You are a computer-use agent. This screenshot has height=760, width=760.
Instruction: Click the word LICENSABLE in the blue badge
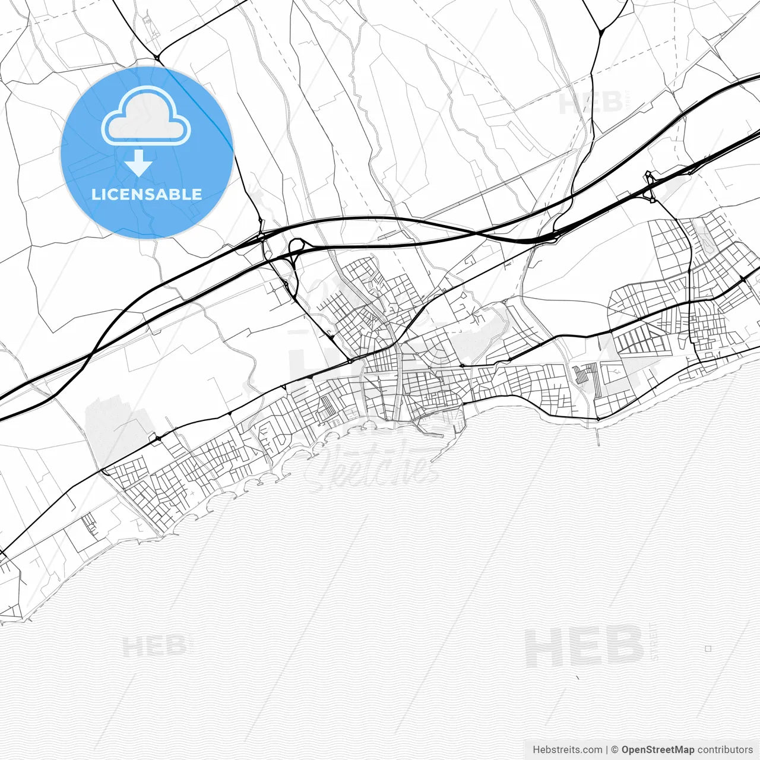coord(147,194)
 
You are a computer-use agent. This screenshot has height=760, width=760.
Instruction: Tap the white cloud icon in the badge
coord(146,116)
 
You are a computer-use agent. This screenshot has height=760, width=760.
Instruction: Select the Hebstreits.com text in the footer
coord(567,750)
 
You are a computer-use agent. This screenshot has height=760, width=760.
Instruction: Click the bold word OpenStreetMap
coord(657,750)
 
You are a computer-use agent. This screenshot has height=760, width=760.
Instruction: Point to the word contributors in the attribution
coord(724,750)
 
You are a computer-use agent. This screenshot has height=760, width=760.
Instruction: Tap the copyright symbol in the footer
coord(615,750)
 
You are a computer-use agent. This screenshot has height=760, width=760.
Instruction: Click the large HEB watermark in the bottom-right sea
coord(585,647)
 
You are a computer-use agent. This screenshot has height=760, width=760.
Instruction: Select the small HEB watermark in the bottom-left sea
coord(154,645)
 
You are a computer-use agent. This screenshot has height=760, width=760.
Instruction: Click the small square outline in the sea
coord(708,649)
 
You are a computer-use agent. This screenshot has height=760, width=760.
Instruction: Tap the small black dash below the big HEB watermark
coord(577,677)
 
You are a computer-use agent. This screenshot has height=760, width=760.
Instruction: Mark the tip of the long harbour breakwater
coord(432,460)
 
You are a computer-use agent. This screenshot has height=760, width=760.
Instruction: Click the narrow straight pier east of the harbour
coord(598,433)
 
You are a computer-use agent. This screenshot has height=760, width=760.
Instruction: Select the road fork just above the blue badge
coord(157,58)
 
